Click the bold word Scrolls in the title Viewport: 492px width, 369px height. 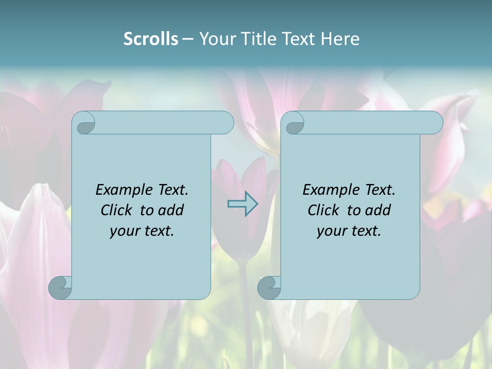coord(151,39)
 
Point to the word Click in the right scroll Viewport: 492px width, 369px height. coord(325,211)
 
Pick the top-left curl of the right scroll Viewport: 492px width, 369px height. coord(294,123)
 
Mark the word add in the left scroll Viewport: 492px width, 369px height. coord(171,211)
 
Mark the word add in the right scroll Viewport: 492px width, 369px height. coord(378,211)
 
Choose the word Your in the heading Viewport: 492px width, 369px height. coord(216,39)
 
